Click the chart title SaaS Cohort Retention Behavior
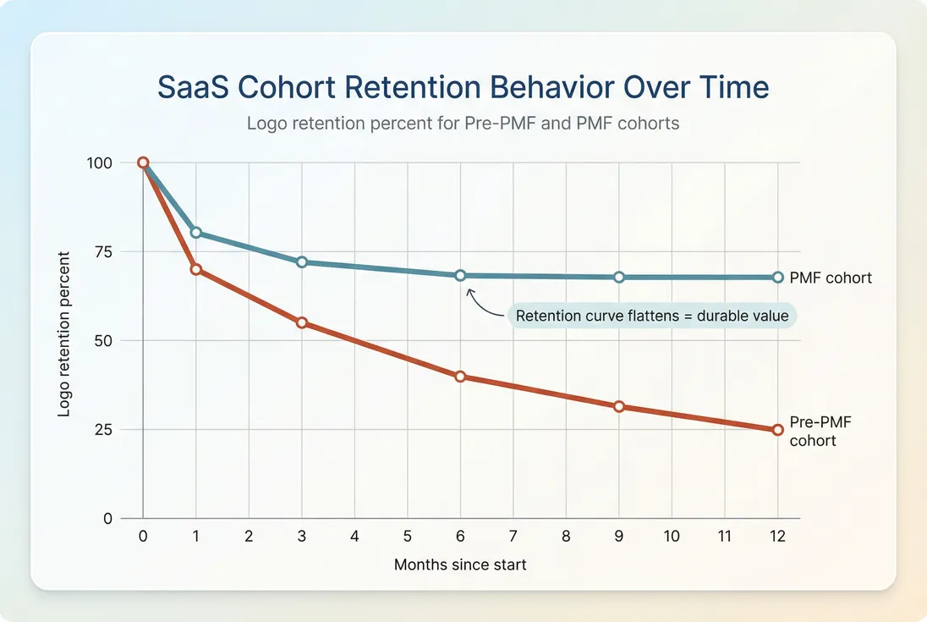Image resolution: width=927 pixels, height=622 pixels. (463, 88)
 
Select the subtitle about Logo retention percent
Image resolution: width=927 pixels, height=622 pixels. (463, 124)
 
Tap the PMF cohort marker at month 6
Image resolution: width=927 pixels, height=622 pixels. (460, 276)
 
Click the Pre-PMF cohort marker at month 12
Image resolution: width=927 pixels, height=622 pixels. (778, 430)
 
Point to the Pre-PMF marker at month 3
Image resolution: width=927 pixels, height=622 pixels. (302, 323)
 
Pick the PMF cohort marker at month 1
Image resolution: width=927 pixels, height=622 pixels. (196, 233)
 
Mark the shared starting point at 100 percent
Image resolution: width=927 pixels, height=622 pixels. (143, 162)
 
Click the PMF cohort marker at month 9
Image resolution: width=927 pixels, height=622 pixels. (619, 278)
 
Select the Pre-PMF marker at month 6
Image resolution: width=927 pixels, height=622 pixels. (460, 377)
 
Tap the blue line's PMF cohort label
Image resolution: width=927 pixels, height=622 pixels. (830, 278)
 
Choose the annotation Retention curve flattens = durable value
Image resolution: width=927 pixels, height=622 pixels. (652, 317)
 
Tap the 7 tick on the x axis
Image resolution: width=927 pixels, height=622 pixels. (513, 537)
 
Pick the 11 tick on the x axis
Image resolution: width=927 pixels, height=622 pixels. (725, 537)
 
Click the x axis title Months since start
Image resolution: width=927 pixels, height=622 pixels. (460, 564)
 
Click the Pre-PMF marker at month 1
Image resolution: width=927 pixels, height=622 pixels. (196, 269)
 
